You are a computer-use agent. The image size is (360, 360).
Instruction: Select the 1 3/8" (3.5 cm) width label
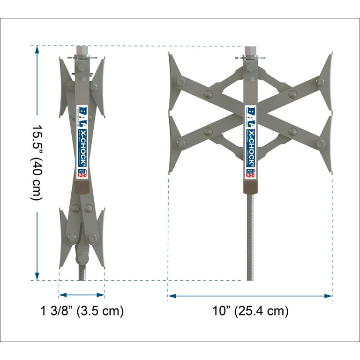click(82, 311)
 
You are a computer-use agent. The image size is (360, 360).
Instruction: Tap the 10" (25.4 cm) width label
click(250, 311)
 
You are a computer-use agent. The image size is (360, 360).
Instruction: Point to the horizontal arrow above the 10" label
click(250, 296)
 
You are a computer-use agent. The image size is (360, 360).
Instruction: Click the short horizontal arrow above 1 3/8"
click(82, 295)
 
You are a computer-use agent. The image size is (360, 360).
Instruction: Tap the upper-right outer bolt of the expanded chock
click(320, 82)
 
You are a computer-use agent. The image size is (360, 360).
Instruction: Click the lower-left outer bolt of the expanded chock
click(180, 144)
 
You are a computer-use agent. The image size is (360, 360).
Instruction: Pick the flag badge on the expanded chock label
click(250, 173)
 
